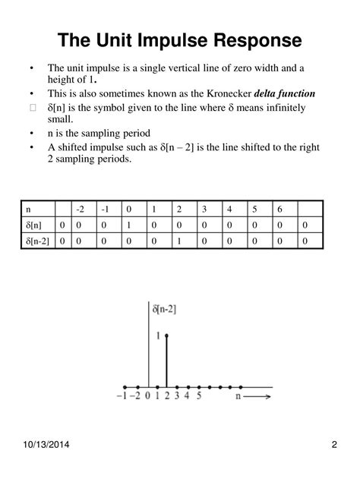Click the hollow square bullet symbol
click(32, 108)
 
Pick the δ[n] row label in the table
click(35, 225)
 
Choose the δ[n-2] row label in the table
click(39, 241)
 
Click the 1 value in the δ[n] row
click(129, 225)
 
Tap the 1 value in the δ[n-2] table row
click(179, 241)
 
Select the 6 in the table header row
click(279, 209)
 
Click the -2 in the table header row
click(80, 209)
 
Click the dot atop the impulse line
click(165, 335)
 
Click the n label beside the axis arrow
click(238, 396)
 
